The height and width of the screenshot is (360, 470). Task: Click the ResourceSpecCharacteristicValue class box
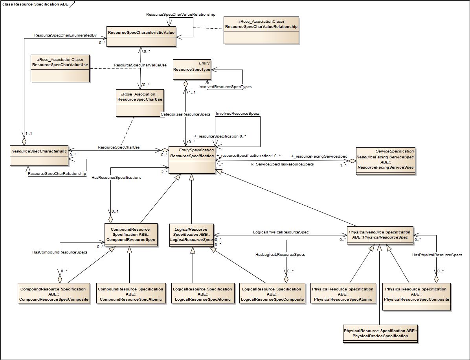141,37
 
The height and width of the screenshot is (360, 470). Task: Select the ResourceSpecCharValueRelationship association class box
261,30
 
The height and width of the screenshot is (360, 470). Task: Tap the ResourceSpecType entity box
192,70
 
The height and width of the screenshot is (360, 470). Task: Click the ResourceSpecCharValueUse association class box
60,68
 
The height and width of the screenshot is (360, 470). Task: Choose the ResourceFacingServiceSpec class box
385,161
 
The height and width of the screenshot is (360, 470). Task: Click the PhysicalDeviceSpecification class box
380,333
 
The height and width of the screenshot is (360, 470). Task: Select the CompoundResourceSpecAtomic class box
129,294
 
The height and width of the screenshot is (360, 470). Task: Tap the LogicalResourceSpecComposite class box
272,294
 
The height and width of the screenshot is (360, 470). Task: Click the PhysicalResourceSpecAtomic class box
342,294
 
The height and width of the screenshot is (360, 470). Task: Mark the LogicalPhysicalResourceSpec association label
281,232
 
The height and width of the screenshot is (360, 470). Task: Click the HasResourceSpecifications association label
116,178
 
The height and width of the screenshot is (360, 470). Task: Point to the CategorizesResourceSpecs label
185,114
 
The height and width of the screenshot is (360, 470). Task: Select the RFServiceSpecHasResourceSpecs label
282,164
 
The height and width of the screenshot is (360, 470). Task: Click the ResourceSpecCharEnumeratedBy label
65,35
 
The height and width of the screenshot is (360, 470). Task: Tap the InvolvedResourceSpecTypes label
225,86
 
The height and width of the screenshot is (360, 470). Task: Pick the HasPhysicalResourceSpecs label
437,255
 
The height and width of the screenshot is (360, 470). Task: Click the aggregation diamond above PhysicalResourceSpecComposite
436,279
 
